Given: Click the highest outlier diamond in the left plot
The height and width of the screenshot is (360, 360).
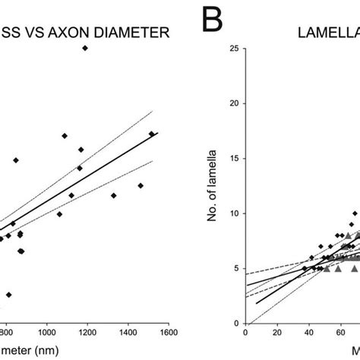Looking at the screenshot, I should [x=85, y=48].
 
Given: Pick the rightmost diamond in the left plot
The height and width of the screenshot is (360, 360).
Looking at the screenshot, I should [x=151, y=134].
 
